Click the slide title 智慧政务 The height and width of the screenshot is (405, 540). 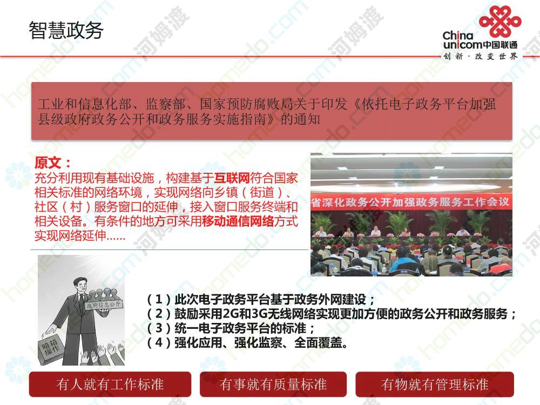(66, 30)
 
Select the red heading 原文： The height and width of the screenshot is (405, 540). (53, 163)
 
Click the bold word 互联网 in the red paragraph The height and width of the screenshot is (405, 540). (232, 178)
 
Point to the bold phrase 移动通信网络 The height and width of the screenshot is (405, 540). (238, 221)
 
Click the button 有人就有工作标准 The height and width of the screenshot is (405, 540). (110, 384)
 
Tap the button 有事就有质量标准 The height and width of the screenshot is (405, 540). (273, 384)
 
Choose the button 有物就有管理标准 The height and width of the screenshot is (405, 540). (435, 384)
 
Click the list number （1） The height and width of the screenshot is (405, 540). (159, 299)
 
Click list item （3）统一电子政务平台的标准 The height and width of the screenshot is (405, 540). (230, 328)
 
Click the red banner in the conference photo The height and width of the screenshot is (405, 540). (410, 202)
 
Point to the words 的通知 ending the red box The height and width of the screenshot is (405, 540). (300, 119)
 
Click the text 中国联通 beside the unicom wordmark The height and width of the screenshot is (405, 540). (500, 45)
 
